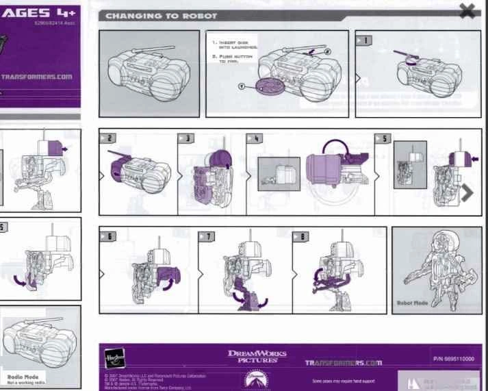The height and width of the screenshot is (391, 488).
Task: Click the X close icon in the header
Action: (468, 10)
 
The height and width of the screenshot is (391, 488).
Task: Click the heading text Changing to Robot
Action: (162, 15)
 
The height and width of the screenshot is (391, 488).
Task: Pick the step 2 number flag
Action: (108, 138)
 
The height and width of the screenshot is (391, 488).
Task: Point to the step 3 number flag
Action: (186, 138)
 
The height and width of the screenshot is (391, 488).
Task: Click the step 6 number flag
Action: (108, 236)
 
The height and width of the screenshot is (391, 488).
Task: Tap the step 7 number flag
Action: (206, 236)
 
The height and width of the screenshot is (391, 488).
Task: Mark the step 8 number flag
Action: (301, 236)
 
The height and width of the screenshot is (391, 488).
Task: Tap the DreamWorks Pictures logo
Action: (257, 356)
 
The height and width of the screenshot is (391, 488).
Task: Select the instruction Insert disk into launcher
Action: (233, 46)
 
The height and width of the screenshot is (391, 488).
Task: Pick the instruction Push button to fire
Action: (233, 60)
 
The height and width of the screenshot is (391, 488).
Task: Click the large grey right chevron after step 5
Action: (468, 193)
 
